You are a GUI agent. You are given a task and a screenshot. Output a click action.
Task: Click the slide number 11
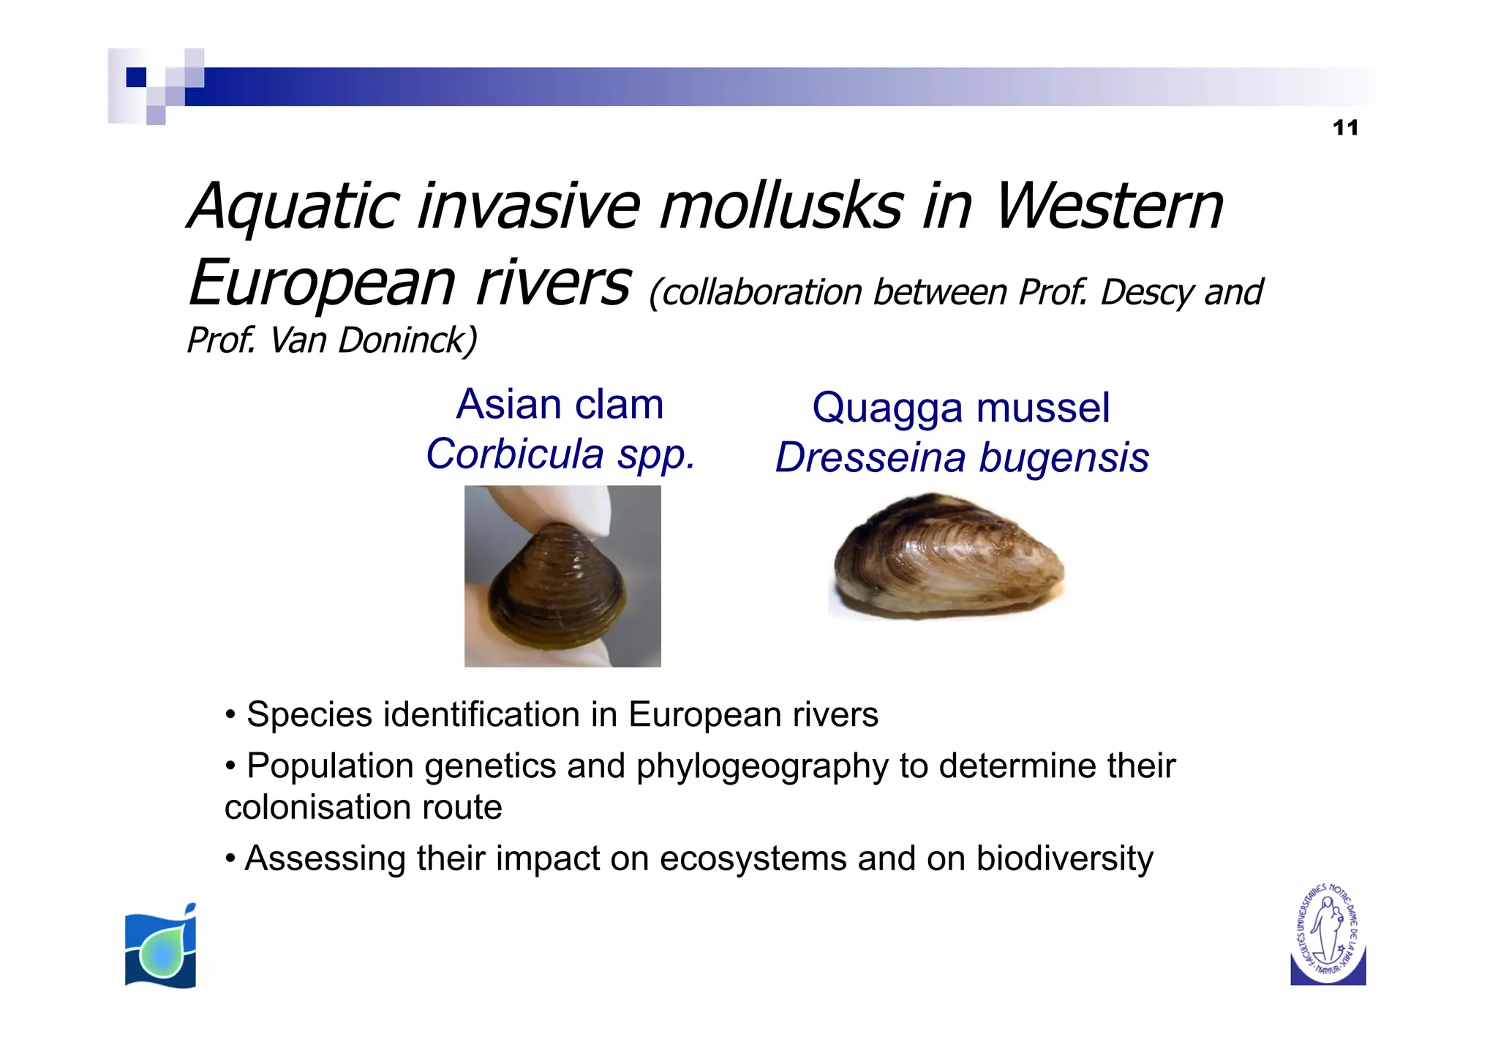coord(1344,128)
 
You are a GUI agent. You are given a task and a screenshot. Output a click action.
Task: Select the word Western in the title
coord(1108,206)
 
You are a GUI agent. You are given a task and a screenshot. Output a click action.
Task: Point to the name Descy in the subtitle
coord(1147,293)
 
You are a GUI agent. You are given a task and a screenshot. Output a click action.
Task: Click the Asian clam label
coord(560,405)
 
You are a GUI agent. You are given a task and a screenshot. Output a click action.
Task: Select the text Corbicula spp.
coord(560,454)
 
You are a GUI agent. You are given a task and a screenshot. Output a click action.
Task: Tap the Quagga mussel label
coord(960,408)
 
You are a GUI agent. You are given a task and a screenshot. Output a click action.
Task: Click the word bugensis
coord(1064,458)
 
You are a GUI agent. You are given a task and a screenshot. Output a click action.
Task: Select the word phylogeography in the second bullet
coord(761,766)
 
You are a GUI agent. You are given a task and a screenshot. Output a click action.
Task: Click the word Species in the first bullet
coord(309,715)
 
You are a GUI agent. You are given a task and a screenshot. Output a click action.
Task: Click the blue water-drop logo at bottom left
coord(161,946)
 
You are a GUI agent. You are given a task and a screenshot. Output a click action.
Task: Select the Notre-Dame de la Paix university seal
coord(1328,935)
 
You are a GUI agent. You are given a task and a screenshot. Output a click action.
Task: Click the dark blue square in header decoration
coord(136,77)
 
